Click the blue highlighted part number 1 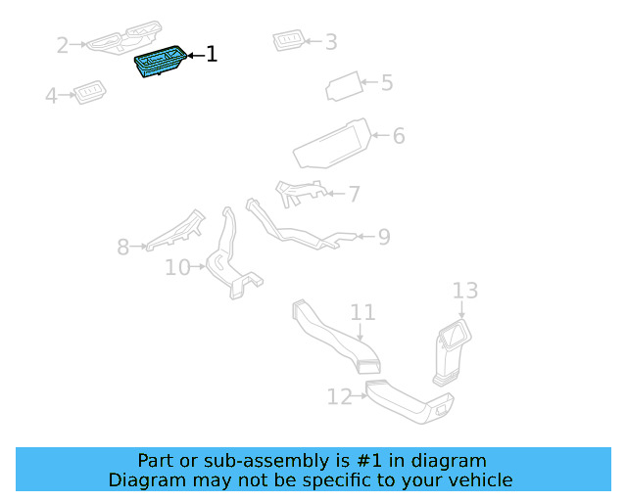pyautogui.click(x=158, y=64)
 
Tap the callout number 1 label pyautogui.click(x=211, y=55)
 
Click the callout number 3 pyautogui.click(x=330, y=42)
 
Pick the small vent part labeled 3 pyautogui.click(x=289, y=40)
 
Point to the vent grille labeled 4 pyautogui.click(x=90, y=93)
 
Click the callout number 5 pyautogui.click(x=386, y=83)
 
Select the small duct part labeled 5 pyautogui.click(x=343, y=86)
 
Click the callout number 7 pyautogui.click(x=354, y=195)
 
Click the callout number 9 pyautogui.click(x=383, y=237)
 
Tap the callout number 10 pyautogui.click(x=177, y=267)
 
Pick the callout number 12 pyautogui.click(x=339, y=397)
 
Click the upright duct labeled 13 pyautogui.click(x=450, y=352)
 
